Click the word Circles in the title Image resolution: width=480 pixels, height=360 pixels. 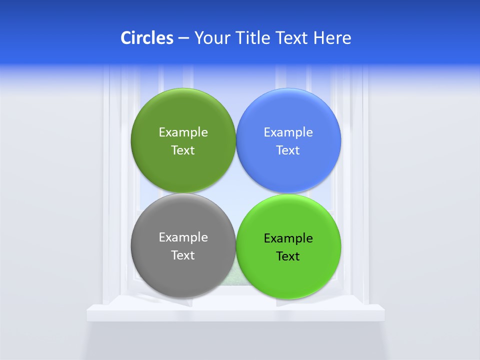(147, 38)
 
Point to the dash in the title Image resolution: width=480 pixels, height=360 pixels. (183, 38)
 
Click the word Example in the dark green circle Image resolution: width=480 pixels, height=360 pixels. (183, 132)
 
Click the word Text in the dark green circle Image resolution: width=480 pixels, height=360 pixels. (183, 150)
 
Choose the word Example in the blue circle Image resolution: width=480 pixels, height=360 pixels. (288, 132)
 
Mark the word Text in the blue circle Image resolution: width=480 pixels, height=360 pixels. (288, 150)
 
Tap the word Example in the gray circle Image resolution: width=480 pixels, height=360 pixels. (183, 237)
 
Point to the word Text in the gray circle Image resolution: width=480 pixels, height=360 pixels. (183, 255)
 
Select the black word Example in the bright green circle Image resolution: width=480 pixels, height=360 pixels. (288, 238)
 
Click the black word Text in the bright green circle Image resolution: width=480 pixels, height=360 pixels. (288, 256)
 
